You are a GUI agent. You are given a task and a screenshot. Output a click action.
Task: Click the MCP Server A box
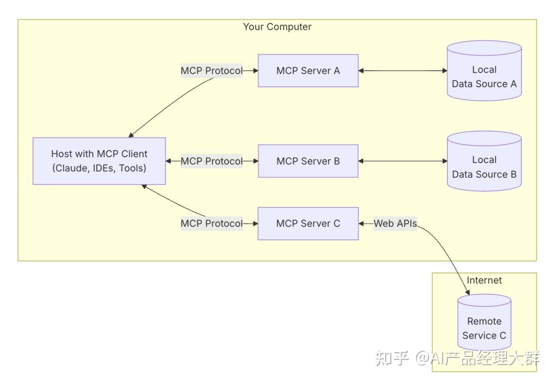(308, 71)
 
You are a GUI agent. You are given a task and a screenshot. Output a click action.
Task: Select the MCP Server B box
(308, 161)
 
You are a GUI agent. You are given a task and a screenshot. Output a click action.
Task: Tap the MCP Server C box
(308, 224)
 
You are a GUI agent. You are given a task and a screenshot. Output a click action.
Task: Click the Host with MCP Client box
(99, 161)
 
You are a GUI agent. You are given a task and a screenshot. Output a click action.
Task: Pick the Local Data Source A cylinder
(484, 72)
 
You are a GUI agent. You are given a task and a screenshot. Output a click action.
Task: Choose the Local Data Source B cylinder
(484, 162)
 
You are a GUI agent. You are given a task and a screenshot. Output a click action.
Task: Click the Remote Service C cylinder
(484, 323)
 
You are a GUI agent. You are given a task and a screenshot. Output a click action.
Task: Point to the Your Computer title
(277, 27)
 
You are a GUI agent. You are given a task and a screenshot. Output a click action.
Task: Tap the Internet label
(484, 280)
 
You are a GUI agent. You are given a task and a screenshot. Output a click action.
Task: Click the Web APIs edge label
(395, 224)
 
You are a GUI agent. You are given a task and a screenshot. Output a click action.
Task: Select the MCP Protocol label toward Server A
(211, 71)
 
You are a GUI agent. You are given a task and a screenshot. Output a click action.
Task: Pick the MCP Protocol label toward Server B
(211, 161)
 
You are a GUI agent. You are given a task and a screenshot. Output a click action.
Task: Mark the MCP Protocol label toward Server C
(211, 224)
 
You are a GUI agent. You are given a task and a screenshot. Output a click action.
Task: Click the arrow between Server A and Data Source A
(403, 71)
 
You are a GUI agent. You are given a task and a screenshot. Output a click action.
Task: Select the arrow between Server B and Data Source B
(403, 161)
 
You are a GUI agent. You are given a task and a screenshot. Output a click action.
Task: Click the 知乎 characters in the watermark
(392, 357)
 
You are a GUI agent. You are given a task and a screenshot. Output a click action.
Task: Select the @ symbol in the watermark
(422, 357)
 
